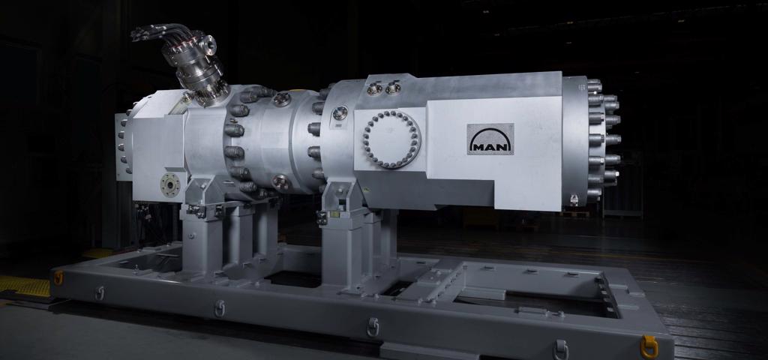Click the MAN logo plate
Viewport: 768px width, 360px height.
[490, 139]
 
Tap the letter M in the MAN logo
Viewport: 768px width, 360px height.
[477, 145]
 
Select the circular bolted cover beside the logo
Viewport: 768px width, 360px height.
[391, 139]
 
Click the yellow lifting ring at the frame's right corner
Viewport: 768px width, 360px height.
[649, 346]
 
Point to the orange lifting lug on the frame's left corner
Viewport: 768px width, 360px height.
[58, 277]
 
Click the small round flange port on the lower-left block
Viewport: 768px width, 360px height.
[170, 184]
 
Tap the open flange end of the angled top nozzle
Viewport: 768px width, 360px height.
[210, 45]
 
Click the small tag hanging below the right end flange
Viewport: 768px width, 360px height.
[574, 199]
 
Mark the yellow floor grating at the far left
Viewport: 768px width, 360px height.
[25, 286]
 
